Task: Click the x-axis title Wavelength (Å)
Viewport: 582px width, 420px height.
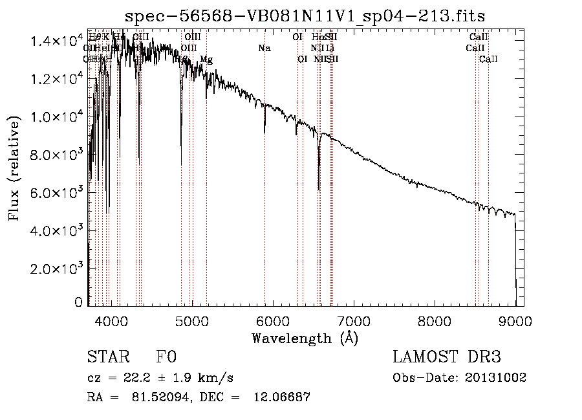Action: (305, 337)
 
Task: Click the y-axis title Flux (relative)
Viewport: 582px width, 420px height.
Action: (14, 168)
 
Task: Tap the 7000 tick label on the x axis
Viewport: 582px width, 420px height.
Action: (354, 320)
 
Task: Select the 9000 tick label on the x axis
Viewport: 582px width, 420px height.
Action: (515, 320)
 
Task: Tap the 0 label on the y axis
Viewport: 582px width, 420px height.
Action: (78, 302)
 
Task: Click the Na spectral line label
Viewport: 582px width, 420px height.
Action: (264, 48)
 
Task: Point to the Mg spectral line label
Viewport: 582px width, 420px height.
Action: (206, 60)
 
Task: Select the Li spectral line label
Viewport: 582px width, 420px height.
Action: (330, 48)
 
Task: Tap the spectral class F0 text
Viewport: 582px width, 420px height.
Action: (166, 357)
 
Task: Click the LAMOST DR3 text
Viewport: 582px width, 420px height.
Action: (446, 357)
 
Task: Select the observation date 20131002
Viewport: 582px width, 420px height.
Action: (497, 377)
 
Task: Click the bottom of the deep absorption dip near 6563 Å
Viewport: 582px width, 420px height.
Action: (319, 190)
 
